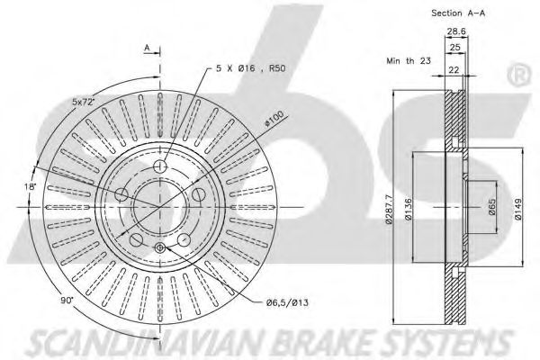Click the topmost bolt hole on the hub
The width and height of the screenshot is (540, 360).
pyautogui.click(x=160, y=167)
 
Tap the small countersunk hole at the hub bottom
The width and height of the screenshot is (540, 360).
pyautogui.click(x=160, y=248)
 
